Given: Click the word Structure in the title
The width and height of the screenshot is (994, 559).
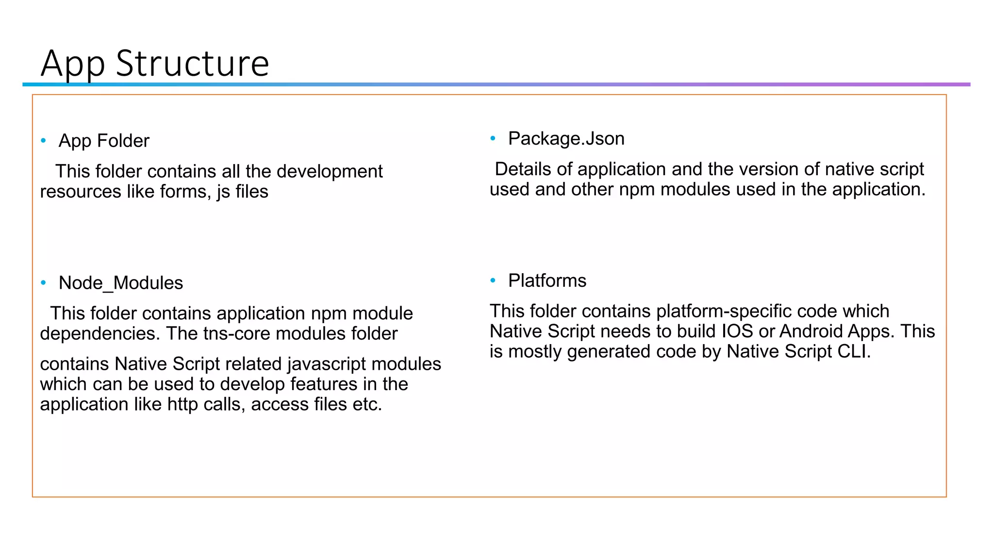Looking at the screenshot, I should [x=192, y=63].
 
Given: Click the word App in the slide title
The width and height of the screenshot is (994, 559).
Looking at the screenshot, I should [x=73, y=64].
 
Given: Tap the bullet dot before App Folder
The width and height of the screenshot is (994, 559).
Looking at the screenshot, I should [x=44, y=141].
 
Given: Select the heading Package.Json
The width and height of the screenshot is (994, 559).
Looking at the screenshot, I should [x=566, y=139].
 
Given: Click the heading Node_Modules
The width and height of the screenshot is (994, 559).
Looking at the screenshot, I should [x=121, y=283].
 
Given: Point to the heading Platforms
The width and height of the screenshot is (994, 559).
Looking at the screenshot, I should [x=547, y=280].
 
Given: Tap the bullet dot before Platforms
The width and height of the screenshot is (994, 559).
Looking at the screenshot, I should [x=493, y=280].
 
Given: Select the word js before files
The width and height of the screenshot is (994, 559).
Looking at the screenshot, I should [x=223, y=192].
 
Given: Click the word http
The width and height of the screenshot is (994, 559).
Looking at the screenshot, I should [x=183, y=404].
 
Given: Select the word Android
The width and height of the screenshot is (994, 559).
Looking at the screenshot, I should [x=811, y=331].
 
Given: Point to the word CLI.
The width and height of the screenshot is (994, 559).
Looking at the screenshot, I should [x=854, y=352].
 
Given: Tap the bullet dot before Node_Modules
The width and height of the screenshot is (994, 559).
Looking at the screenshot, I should [x=44, y=283].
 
